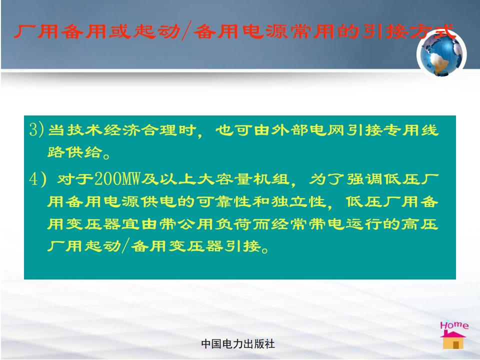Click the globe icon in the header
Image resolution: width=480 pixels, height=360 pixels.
click(x=441, y=54)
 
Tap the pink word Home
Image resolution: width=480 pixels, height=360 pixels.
click(x=454, y=325)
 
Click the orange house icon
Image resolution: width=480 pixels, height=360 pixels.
click(x=453, y=340)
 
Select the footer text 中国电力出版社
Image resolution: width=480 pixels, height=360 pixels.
click(x=238, y=344)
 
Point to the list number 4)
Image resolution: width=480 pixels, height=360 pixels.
click(x=37, y=179)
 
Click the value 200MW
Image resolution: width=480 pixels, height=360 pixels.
click(x=117, y=179)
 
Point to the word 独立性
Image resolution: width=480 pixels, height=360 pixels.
click(x=298, y=201)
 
